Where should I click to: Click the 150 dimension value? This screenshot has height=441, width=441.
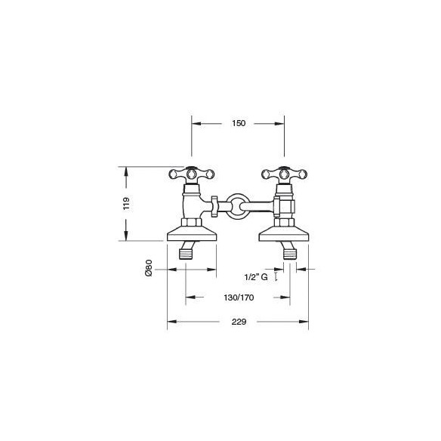239,123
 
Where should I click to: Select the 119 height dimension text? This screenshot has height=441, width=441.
126,203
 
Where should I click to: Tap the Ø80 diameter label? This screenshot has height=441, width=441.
149,268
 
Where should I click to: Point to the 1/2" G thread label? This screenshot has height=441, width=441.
256,277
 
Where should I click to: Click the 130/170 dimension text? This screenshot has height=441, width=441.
239,298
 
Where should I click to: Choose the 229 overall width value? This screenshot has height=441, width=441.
239,322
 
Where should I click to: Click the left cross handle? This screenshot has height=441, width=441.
192,174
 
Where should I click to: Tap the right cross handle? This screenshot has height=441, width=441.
284,174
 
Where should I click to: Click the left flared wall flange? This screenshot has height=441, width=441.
192,234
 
